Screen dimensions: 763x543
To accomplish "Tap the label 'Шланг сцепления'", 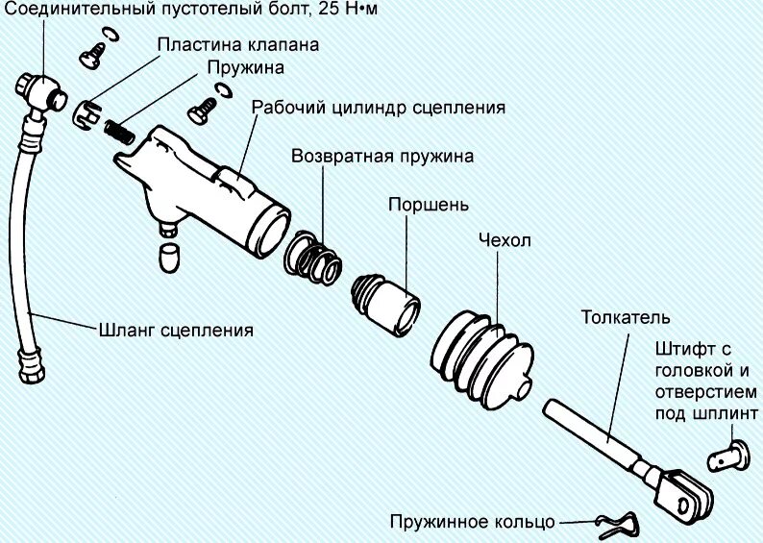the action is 177,330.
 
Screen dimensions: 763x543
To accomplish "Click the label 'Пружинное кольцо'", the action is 473,522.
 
